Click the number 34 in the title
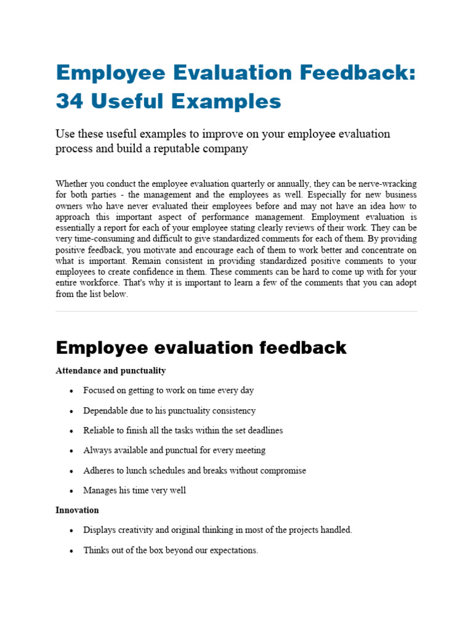point(70,101)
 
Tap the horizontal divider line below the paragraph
point(236,311)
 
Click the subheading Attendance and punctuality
point(110,371)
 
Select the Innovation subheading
point(77,510)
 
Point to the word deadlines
point(263,430)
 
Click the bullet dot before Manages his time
point(72,491)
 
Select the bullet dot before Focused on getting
point(72,391)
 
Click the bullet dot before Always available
point(72,451)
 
